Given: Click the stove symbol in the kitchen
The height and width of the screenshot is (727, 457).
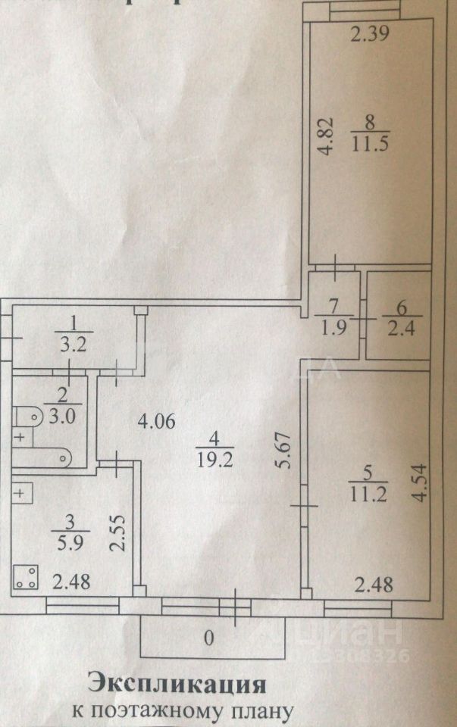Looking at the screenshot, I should pos(25,579).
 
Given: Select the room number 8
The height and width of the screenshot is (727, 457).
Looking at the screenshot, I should pos(369,120).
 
